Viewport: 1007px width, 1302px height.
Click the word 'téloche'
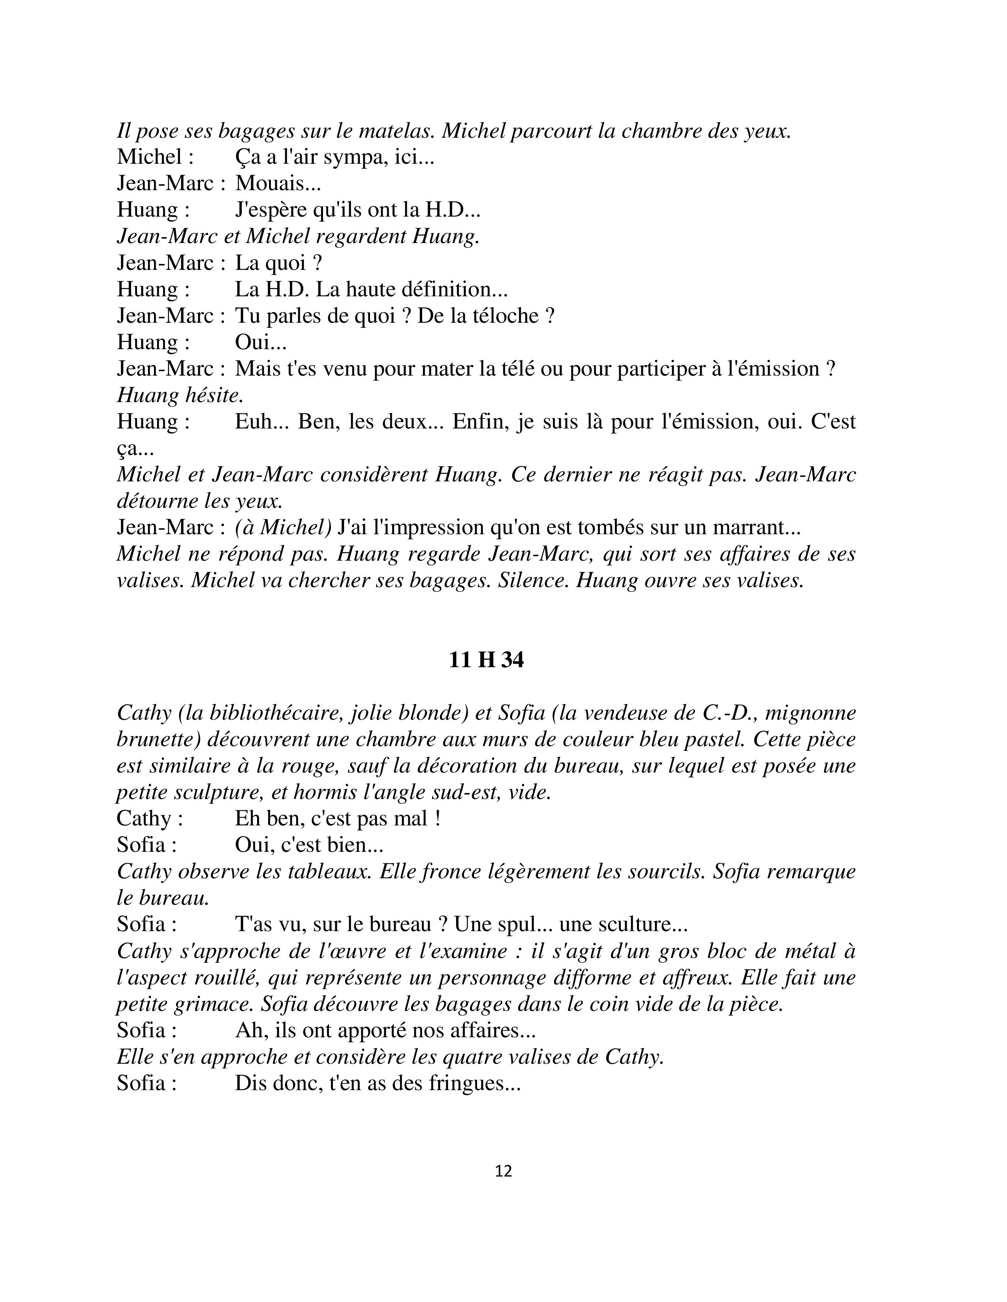click(x=497, y=316)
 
